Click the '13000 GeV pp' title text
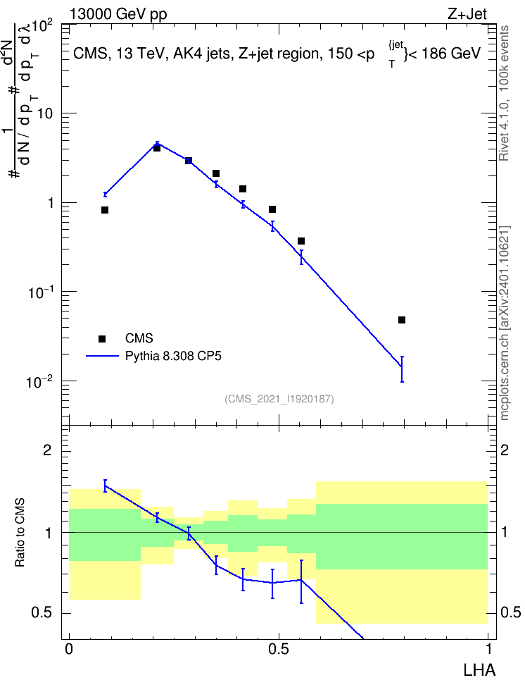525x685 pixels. (x=118, y=14)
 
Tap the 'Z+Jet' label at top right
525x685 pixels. (x=467, y=14)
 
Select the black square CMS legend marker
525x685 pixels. (x=102, y=338)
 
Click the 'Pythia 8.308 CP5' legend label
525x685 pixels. (x=173, y=356)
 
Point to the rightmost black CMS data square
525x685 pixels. (x=402, y=320)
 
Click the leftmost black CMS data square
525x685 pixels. (x=105, y=210)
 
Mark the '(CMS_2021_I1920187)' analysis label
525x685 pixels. (x=279, y=399)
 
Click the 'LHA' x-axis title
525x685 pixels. (x=479, y=670)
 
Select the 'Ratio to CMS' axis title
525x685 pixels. (x=20, y=533)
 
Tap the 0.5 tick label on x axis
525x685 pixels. (x=279, y=649)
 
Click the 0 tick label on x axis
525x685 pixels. (x=69, y=649)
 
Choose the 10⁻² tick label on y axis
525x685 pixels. (x=39, y=381)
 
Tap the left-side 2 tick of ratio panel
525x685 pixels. (x=47, y=450)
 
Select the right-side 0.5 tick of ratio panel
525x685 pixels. (x=510, y=612)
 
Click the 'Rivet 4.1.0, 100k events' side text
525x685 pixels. (x=504, y=93)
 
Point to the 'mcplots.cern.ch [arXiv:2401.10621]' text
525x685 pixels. (x=505, y=323)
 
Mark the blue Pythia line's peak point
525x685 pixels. (x=157, y=144)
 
